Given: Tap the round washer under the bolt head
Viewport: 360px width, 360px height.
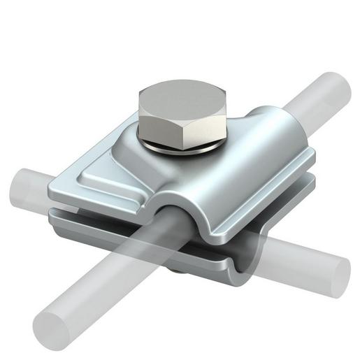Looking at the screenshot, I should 183,145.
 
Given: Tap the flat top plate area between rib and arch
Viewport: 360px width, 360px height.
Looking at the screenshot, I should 140,189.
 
